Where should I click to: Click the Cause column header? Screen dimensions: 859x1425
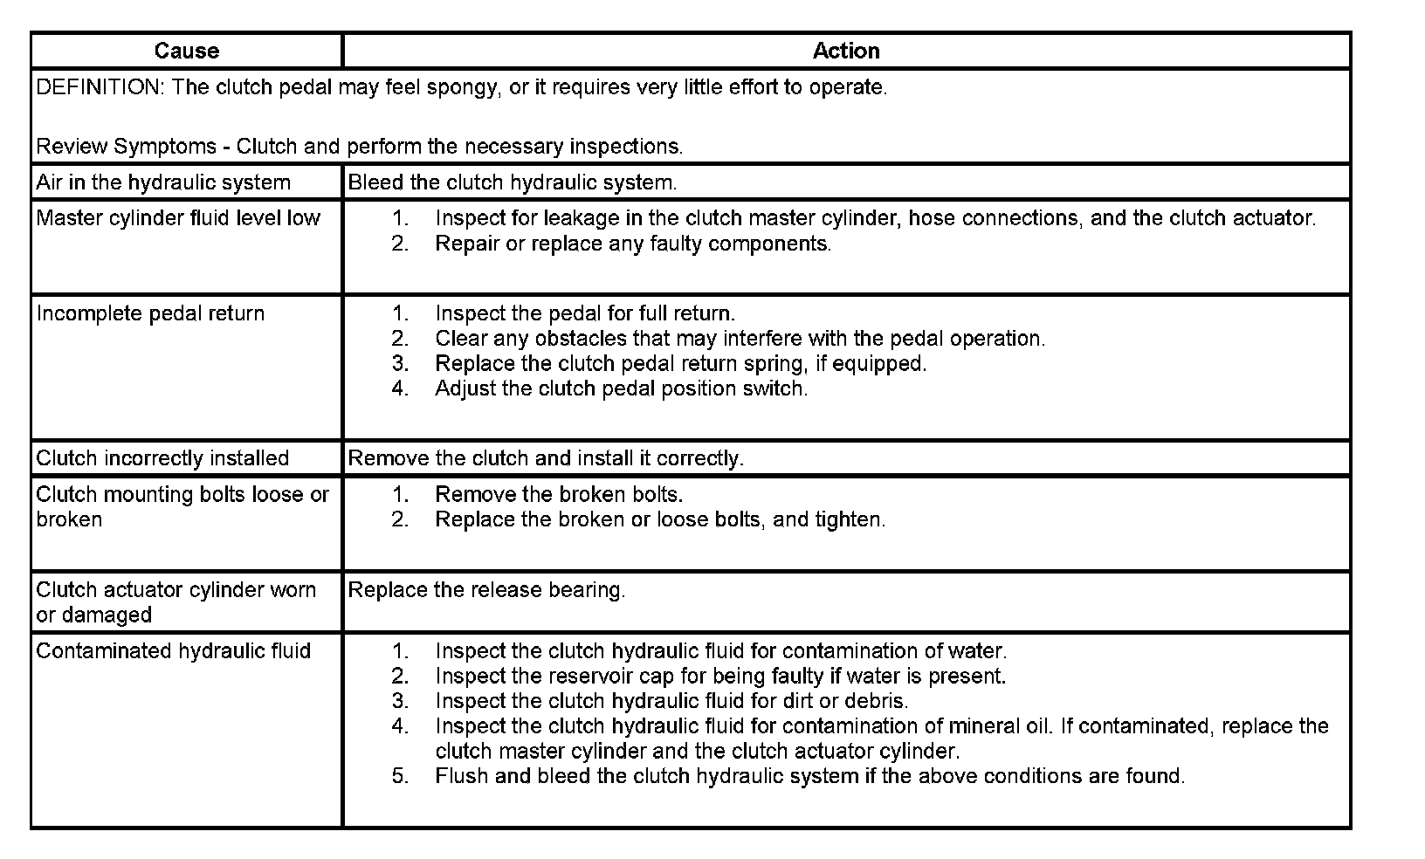point(186,51)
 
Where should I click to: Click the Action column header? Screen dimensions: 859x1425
point(845,51)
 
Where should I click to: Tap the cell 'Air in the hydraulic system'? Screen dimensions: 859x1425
point(163,182)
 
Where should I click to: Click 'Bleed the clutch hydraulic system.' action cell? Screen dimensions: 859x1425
point(513,182)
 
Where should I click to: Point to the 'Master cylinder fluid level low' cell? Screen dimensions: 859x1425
point(178,218)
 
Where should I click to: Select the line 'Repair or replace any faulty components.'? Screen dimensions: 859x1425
point(633,244)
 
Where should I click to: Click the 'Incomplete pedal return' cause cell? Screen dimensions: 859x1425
point(150,313)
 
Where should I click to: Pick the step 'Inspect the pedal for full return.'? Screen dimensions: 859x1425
point(585,313)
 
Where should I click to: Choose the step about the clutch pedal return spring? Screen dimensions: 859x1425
point(681,363)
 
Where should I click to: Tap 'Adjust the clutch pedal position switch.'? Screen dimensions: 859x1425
point(622,388)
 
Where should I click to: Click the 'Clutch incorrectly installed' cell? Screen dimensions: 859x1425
point(162,458)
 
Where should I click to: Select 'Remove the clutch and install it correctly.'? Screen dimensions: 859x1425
point(546,458)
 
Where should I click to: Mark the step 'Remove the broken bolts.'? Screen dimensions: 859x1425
point(559,494)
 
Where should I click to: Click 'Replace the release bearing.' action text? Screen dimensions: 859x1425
point(486,590)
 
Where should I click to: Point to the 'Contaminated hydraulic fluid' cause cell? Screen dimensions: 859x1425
point(174,651)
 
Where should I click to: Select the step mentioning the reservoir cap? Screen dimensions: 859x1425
point(720,676)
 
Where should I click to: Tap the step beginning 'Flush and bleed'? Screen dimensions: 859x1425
point(809,776)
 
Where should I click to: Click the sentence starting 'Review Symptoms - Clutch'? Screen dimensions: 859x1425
point(359,147)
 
